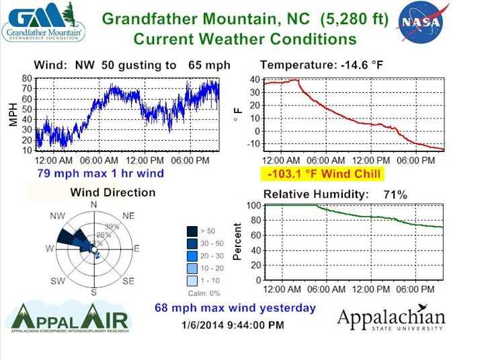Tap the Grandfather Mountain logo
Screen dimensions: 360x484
click(44, 22)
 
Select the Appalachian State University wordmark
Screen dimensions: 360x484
click(391, 319)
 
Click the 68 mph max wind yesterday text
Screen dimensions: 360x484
click(235, 308)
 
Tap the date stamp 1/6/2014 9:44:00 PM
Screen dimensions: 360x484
click(233, 325)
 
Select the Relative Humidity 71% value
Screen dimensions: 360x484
click(397, 194)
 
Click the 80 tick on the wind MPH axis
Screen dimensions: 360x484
click(28, 79)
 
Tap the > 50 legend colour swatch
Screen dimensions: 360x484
click(192, 231)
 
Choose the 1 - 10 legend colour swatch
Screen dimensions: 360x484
click(192, 280)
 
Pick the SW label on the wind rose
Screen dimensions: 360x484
click(58, 280)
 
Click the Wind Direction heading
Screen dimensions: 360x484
click(113, 192)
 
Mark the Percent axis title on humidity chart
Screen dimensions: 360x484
click(237, 242)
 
